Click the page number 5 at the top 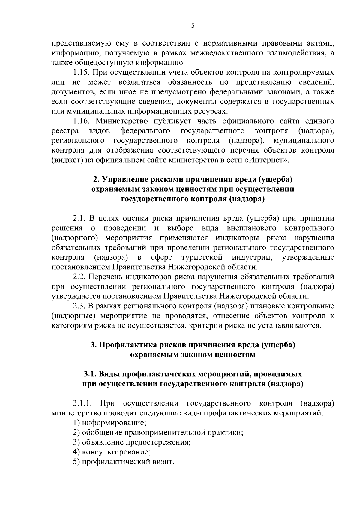pos(193,26)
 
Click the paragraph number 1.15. pos(82,73)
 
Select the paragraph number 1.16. pos(82,121)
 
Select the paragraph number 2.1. pos(79,219)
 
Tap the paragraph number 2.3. pos(79,306)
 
